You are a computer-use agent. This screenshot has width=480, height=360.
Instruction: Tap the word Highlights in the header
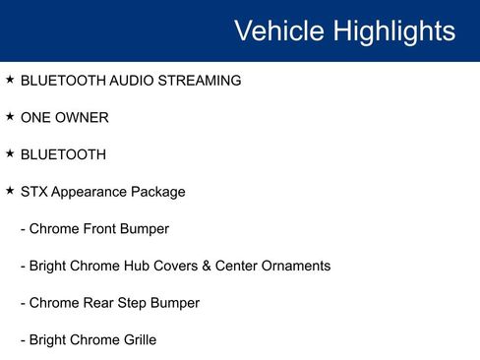(x=393, y=30)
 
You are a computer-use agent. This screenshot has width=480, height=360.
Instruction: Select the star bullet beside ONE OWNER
(x=10, y=116)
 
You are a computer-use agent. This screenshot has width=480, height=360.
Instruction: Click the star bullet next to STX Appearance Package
(x=10, y=191)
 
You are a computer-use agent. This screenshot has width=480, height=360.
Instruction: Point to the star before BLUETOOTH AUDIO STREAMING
(x=10, y=79)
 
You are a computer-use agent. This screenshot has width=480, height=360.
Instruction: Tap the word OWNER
(x=82, y=118)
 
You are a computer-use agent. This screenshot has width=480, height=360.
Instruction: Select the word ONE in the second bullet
(x=36, y=118)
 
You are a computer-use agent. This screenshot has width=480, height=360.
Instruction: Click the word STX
(x=35, y=192)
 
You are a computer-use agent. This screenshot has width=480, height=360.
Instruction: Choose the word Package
(x=159, y=192)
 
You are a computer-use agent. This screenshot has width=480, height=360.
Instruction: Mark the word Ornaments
(x=296, y=267)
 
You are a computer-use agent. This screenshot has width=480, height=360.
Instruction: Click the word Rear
(x=99, y=303)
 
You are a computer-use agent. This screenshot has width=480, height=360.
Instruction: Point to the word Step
(x=135, y=303)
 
